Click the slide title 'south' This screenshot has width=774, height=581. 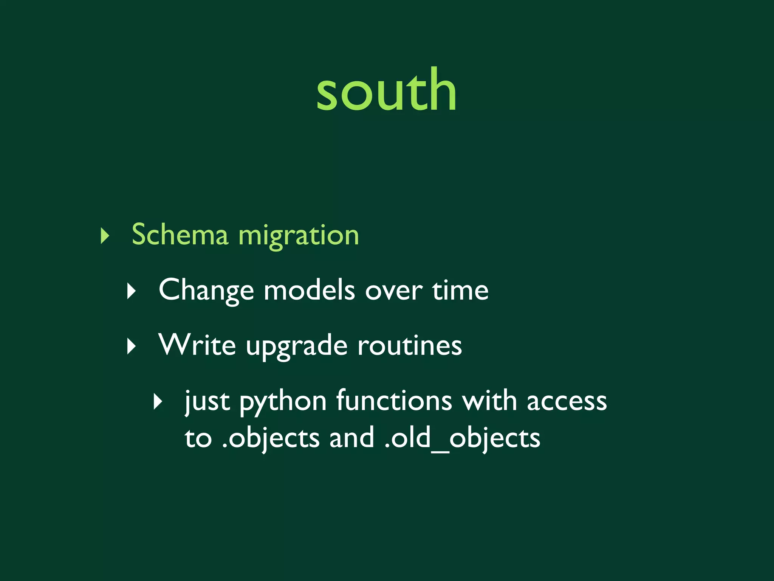[386, 91]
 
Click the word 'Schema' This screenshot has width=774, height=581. [180, 235]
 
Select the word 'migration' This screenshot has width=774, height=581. [299, 236]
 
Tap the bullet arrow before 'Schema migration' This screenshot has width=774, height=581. [105, 236]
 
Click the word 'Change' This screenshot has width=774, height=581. [206, 290]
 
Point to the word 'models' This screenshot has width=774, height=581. [309, 290]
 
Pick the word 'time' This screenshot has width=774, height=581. [460, 290]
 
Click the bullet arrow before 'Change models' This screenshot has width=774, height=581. [131, 291]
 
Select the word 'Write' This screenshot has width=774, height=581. [197, 345]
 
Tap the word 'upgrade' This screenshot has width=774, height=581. [297, 346]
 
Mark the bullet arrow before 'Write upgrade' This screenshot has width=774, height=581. [131, 346]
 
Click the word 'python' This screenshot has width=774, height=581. [283, 402]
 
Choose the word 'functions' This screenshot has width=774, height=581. [394, 400]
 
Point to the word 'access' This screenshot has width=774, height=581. [567, 402]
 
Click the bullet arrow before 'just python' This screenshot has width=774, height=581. [158, 402]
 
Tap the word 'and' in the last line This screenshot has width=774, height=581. [351, 438]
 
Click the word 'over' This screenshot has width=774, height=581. [393, 290]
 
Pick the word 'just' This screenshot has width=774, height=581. [207, 402]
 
